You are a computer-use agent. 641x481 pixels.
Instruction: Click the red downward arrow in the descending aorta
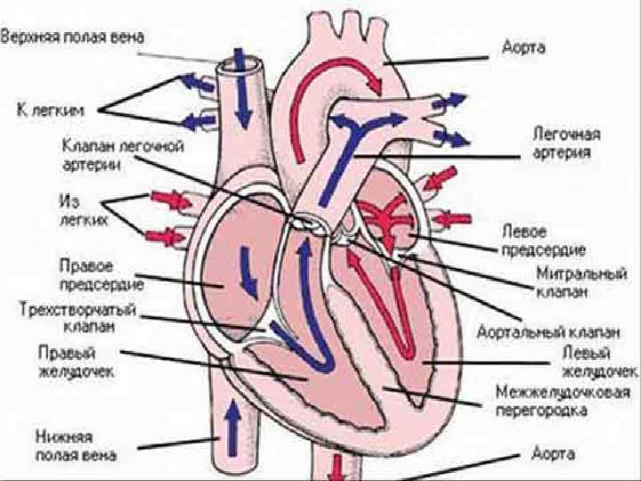339,465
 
